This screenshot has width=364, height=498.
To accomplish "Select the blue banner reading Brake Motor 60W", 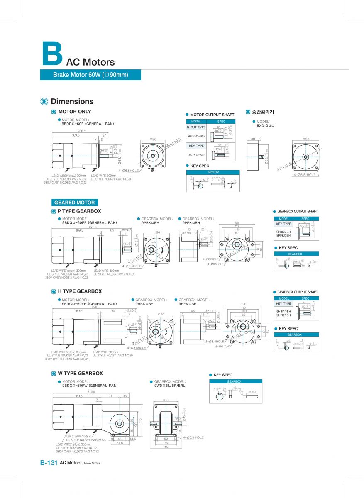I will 90,75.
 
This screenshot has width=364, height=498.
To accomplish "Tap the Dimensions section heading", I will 72,101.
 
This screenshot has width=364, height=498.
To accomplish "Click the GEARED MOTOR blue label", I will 75,203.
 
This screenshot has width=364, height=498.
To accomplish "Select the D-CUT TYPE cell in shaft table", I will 196,127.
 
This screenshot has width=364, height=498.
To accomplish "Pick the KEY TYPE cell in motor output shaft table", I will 196,146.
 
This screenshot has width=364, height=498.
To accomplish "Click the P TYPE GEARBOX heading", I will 79,211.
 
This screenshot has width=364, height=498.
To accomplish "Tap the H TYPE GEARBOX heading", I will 79,291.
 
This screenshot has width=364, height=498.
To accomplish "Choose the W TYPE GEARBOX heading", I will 80,373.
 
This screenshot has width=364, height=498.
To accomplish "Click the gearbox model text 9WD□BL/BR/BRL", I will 170,386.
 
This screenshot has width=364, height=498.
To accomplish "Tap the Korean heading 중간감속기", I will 263,112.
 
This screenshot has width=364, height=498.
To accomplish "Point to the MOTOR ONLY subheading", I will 75,112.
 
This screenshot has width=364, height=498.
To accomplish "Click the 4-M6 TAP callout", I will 223,346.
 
